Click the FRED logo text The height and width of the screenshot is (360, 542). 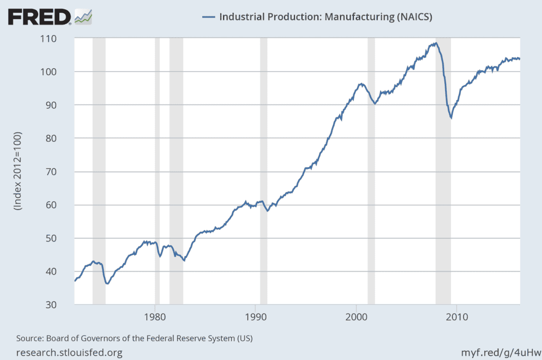coord(39,17)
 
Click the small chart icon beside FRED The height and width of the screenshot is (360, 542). coord(84,17)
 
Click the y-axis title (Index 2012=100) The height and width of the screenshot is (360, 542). coord(18,172)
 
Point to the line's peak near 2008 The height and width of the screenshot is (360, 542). coord(435,43)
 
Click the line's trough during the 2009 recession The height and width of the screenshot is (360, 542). coord(451,118)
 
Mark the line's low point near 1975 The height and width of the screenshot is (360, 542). coord(107,284)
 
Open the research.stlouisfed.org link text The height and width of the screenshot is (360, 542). coord(70,352)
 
